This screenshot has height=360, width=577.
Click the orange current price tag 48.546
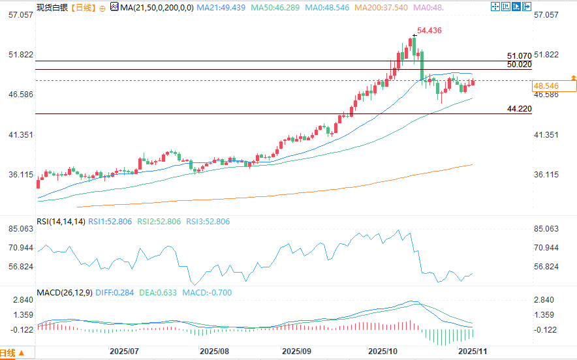(546, 85)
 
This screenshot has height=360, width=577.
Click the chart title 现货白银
(52, 8)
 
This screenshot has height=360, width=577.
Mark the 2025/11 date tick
(472, 350)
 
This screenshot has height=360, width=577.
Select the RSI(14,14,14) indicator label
(61, 222)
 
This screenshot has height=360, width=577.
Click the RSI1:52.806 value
(110, 222)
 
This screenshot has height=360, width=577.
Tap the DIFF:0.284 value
(116, 293)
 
